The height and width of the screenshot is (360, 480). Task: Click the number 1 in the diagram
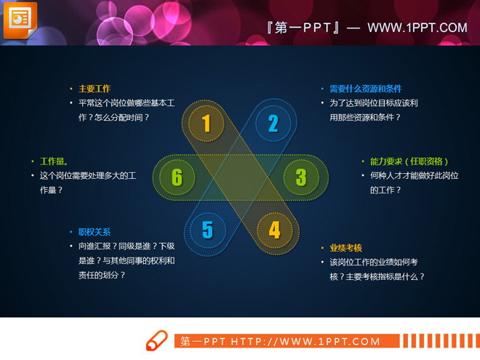coord(206,123)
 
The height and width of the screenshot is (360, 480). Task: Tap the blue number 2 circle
coord(273,123)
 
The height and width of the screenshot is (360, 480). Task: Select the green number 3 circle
coord(301,177)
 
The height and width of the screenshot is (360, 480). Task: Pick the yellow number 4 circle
coord(274,230)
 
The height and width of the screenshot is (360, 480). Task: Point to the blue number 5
coord(207,230)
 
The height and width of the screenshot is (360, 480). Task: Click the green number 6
coord(177,177)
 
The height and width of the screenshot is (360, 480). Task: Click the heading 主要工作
coord(95,89)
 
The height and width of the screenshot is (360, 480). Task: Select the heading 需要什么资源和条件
coord(365,89)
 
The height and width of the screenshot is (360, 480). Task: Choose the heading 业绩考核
coord(345,247)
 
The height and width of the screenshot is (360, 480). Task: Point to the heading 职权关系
coord(95,232)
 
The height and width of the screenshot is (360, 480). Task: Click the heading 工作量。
coord(55,161)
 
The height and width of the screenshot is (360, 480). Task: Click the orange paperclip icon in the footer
coord(156,341)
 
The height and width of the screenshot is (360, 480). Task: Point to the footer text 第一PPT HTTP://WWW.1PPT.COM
coord(280,341)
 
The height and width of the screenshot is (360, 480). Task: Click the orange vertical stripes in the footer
coord(440,341)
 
